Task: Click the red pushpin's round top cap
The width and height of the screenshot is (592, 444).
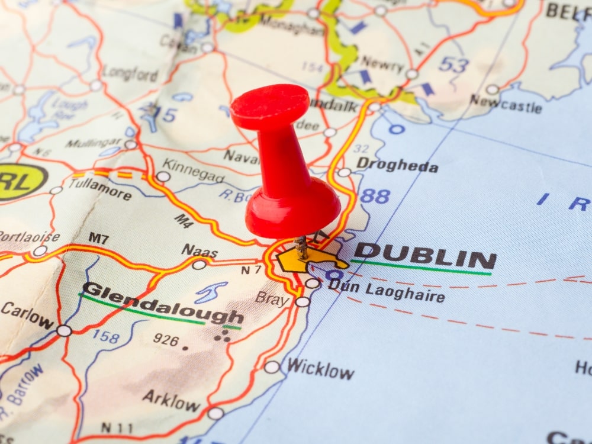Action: (x=270, y=105)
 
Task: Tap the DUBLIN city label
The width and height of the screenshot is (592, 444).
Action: (x=424, y=258)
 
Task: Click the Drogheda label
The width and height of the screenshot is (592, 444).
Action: (x=397, y=165)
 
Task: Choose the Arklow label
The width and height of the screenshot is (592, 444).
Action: (x=171, y=401)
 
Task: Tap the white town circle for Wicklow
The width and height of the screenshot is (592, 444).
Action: (x=272, y=367)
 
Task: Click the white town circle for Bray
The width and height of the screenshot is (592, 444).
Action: (x=303, y=302)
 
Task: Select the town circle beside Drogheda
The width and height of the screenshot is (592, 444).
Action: (x=345, y=173)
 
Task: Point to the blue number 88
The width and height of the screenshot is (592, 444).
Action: (x=375, y=196)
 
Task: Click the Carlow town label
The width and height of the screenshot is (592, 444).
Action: (x=27, y=316)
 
